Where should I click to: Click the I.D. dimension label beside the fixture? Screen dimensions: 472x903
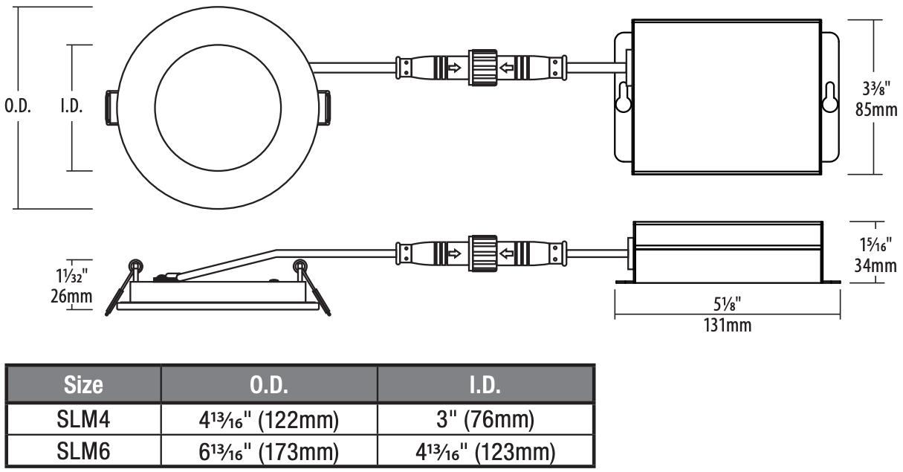tap(71, 106)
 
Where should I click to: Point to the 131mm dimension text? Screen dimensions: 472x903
tap(728, 325)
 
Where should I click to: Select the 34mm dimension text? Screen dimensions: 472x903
tap(875, 265)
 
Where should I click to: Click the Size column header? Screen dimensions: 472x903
tap(83, 385)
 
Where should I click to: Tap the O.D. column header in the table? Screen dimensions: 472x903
tap(270, 385)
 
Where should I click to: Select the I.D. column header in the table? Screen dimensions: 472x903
tap(485, 385)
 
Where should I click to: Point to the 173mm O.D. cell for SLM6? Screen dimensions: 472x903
tap(270, 450)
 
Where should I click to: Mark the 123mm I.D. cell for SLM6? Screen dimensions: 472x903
tap(485, 450)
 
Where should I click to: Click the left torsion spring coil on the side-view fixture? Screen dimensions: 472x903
tap(135, 265)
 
